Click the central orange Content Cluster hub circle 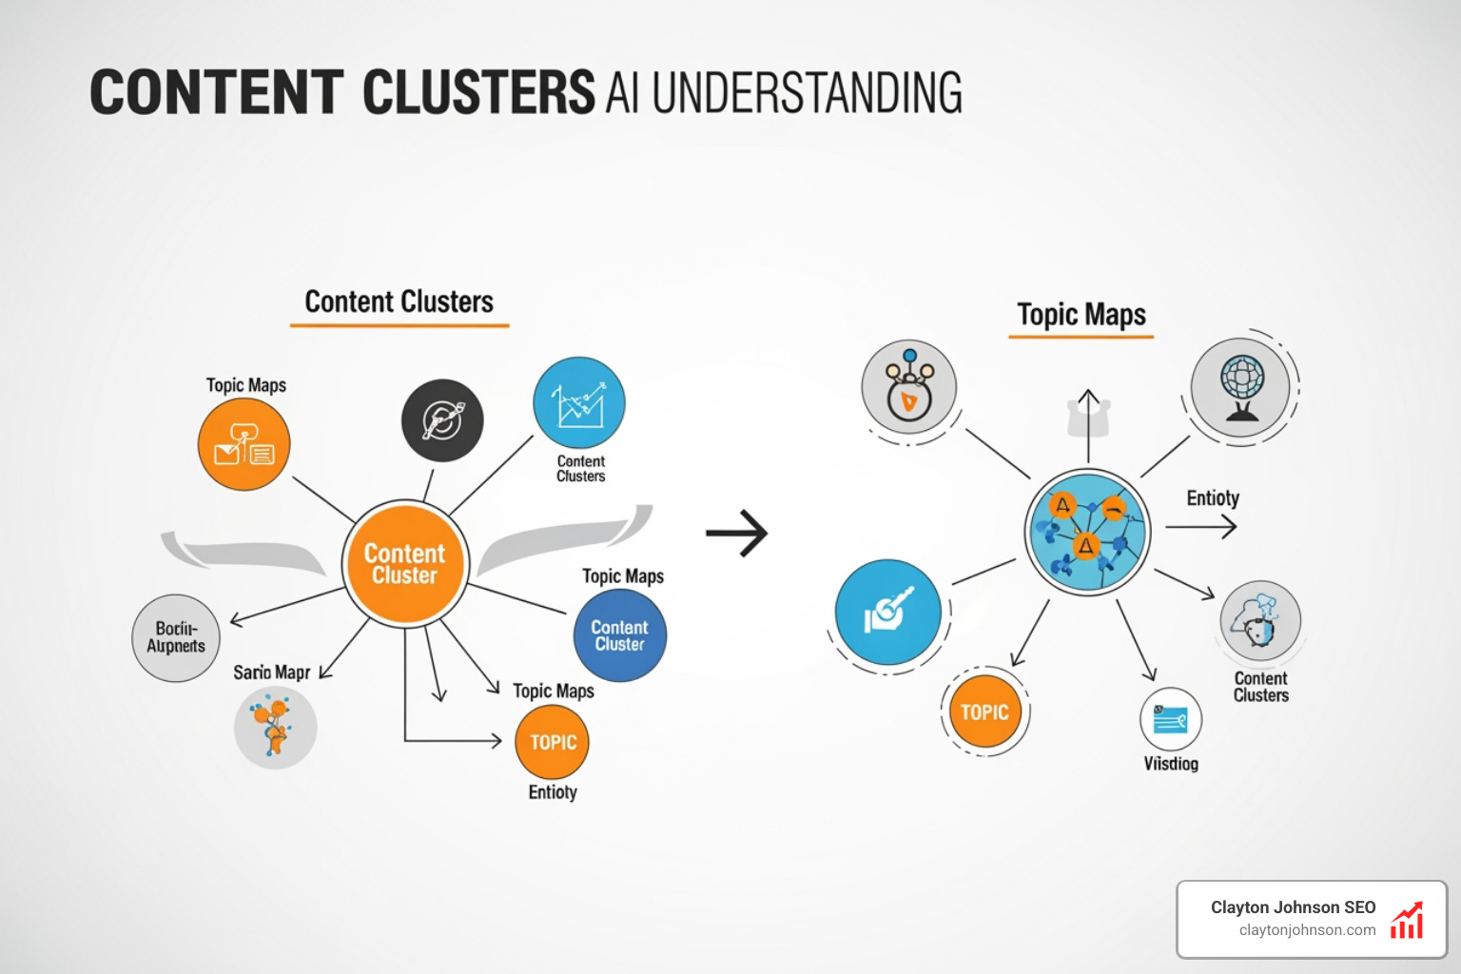pyautogui.click(x=404, y=563)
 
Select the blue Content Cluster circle pyautogui.click(x=619, y=635)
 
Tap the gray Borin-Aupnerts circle pyautogui.click(x=176, y=637)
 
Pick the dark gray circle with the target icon pyautogui.click(x=442, y=420)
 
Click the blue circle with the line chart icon pyautogui.click(x=579, y=403)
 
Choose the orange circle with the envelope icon pyautogui.click(x=243, y=444)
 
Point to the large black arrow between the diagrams pyautogui.click(x=737, y=534)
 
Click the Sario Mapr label pyautogui.click(x=271, y=672)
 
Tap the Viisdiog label pyautogui.click(x=1171, y=764)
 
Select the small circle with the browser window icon pyautogui.click(x=1171, y=719)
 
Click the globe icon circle pyautogui.click(x=1241, y=386)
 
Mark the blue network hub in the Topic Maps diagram pyautogui.click(x=1087, y=533)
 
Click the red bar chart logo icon pyautogui.click(x=1407, y=921)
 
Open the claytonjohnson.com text pyautogui.click(x=1307, y=930)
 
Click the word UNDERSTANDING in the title pyautogui.click(x=807, y=93)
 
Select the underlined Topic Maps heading pyautogui.click(x=1081, y=315)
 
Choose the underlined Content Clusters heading pyautogui.click(x=399, y=302)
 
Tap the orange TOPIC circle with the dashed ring pyautogui.click(x=984, y=712)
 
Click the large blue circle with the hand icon pyautogui.click(x=888, y=613)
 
